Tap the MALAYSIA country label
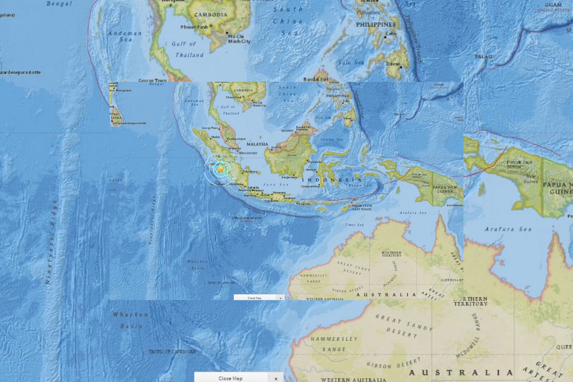257,144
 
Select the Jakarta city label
253,188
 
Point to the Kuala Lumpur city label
236,139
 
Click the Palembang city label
250,172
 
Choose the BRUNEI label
287,131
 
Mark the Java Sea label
275,185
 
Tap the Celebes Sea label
332,140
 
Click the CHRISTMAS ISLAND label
247,218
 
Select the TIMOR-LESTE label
362,206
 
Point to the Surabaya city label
289,198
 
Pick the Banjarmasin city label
289,177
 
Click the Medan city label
216,137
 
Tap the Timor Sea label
354,225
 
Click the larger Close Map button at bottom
231,378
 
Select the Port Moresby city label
455,205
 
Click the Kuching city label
276,148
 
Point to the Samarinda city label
314,162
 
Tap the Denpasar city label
304,204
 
